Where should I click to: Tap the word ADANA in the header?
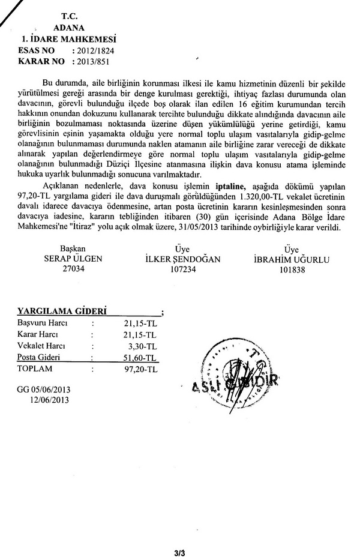point(69,28)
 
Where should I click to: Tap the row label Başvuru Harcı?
point(42,324)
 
